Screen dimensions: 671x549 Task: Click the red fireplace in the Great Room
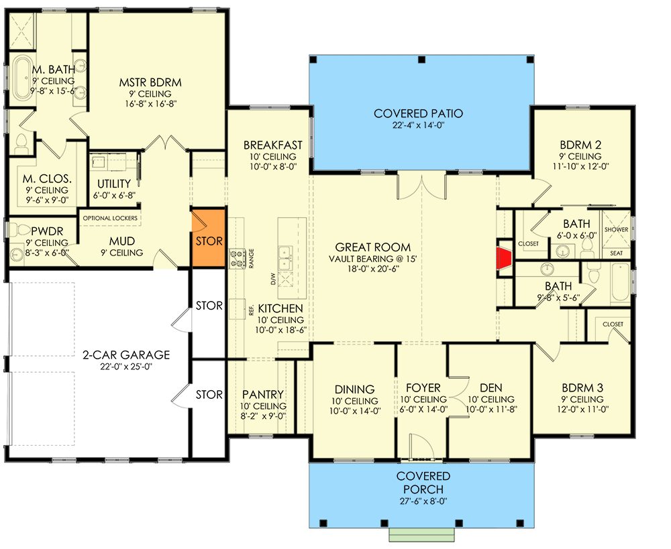pos(505,259)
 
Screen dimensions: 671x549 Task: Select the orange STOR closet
pos(209,238)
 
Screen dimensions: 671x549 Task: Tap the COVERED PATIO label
pos(418,113)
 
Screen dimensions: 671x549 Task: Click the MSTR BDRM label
pos(150,82)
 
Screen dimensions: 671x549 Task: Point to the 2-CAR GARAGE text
pos(126,355)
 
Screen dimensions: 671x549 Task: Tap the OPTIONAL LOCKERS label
pos(110,218)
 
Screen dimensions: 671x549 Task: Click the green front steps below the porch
pos(421,534)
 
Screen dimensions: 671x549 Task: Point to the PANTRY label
pos(263,394)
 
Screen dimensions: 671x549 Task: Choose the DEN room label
pos(491,388)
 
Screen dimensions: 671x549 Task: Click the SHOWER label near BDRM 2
pos(616,230)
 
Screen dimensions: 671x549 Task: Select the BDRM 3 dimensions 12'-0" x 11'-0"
pos(582,409)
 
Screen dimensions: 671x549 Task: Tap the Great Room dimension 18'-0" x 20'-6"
pos(372,269)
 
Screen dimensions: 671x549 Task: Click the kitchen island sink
pos(285,258)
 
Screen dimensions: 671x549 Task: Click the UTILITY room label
pos(114,184)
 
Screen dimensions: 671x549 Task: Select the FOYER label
pos(423,388)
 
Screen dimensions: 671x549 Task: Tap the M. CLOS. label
pos(47,179)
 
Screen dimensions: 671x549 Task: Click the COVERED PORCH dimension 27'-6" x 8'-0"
pos(423,501)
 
